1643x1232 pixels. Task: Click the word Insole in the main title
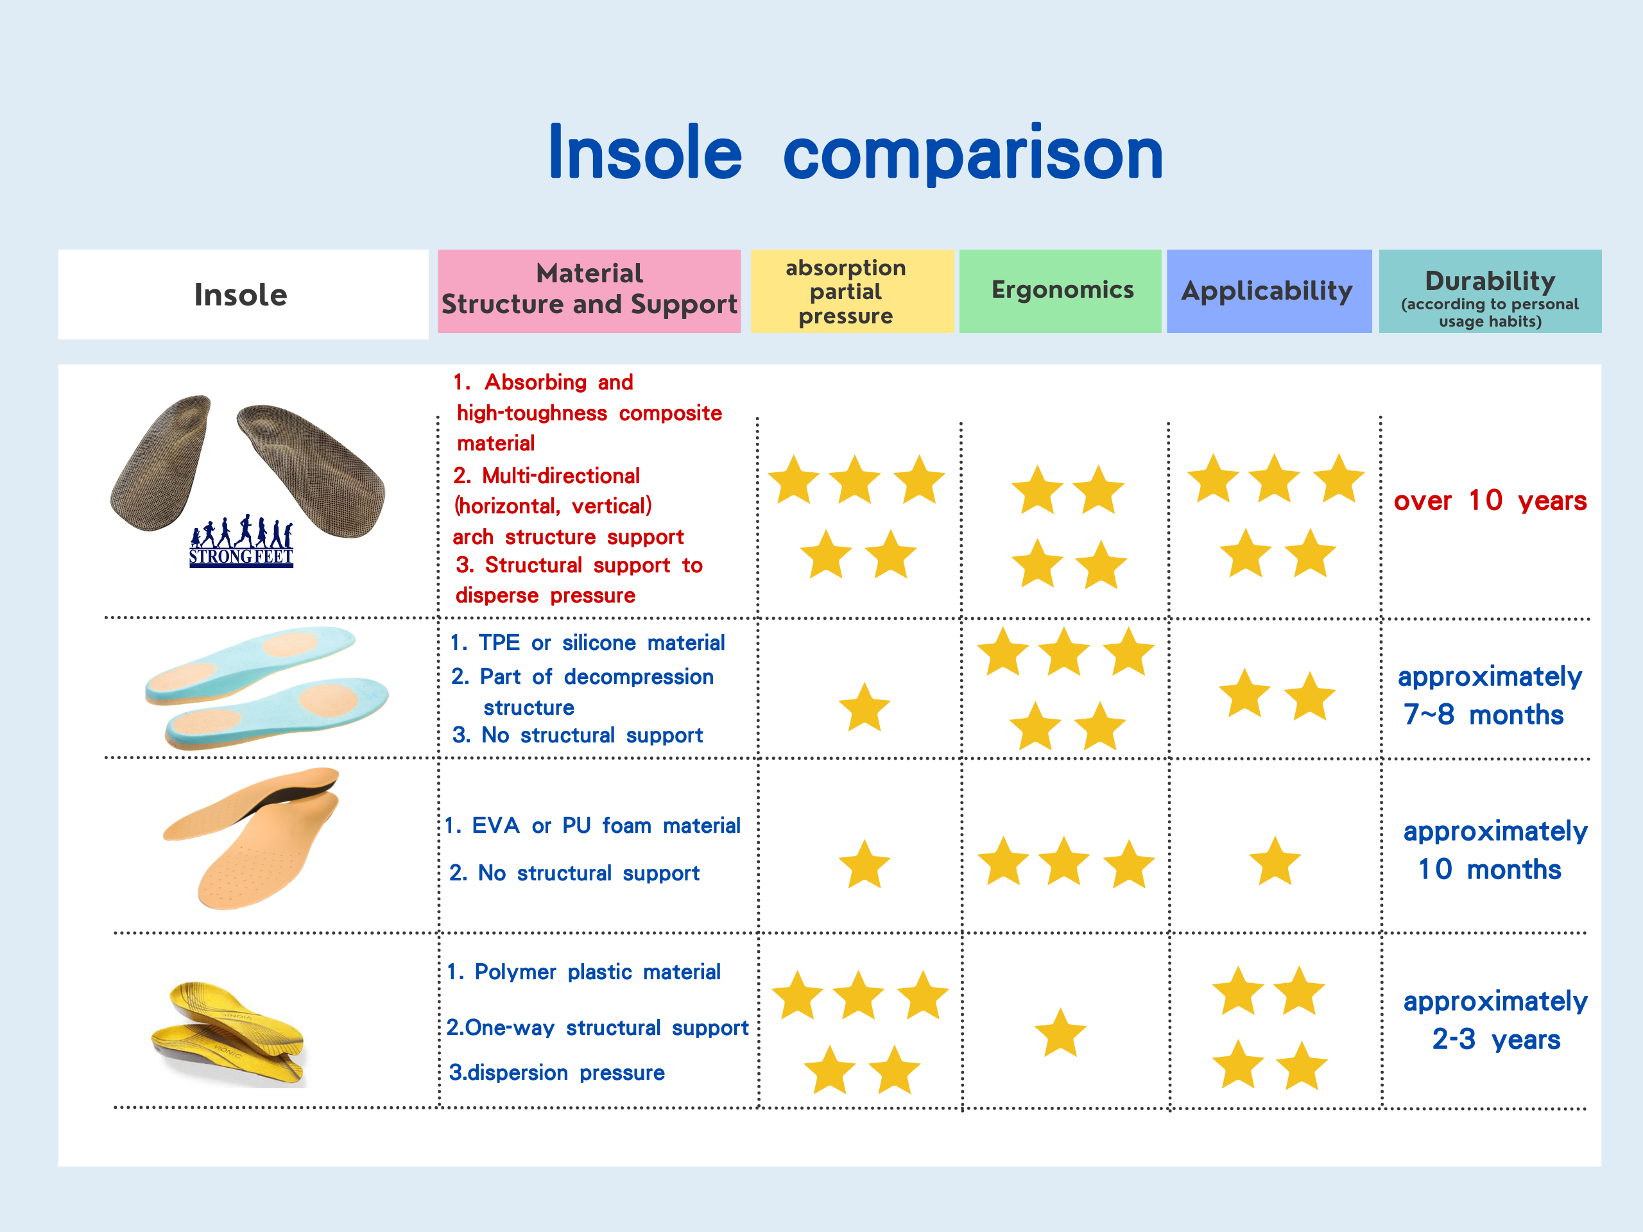pyautogui.click(x=645, y=152)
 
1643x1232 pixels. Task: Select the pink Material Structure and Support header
pyautogui.click(x=589, y=291)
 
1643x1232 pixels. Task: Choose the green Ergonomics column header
pyautogui.click(x=1060, y=291)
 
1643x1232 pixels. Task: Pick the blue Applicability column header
pyautogui.click(x=1269, y=291)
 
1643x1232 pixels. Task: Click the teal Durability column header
pyautogui.click(x=1490, y=291)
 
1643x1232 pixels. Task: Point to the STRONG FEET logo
pyautogui.click(x=241, y=542)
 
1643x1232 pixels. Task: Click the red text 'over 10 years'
pyautogui.click(x=1490, y=501)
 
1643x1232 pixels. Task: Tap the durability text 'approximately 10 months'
pyautogui.click(x=1495, y=850)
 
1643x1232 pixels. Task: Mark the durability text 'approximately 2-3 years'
pyautogui.click(x=1495, y=1020)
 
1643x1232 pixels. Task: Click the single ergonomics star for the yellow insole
pyautogui.click(x=1060, y=1033)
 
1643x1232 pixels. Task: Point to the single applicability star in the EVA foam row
pyautogui.click(x=1275, y=861)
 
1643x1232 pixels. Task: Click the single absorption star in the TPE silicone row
pyautogui.click(x=864, y=708)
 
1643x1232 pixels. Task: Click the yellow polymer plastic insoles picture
pyautogui.click(x=228, y=1034)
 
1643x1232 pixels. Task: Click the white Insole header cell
pyautogui.click(x=243, y=294)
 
